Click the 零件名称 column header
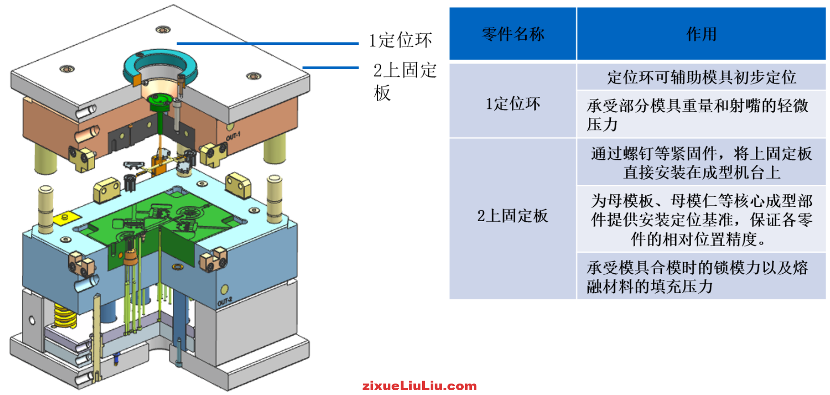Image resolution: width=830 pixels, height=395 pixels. pyautogui.click(x=512, y=34)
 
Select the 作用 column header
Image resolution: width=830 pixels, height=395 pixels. pyautogui.click(x=701, y=34)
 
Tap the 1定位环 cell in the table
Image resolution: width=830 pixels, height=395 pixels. pyautogui.click(x=512, y=103)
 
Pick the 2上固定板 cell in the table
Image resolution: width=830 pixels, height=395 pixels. pyautogui.click(x=512, y=216)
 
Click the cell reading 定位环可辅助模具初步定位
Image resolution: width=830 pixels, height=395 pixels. pyautogui.click(x=701, y=77)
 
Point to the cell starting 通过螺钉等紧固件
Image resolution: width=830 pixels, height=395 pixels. pyautogui.click(x=701, y=163)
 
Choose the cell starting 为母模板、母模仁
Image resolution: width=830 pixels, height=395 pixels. pyautogui.click(x=701, y=220)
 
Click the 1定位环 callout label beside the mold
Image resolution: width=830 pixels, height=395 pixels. pyautogui.click(x=400, y=40)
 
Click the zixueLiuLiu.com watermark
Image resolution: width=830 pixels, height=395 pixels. pyautogui.click(x=419, y=386)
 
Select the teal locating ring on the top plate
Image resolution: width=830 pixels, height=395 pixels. pyautogui.click(x=160, y=63)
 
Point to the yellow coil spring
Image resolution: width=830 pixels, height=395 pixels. pyautogui.click(x=65, y=315)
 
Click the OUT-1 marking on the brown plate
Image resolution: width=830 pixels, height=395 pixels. pyautogui.click(x=233, y=137)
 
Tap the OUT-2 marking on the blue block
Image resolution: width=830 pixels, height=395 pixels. pyautogui.click(x=224, y=301)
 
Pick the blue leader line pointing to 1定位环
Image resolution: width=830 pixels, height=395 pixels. pyautogui.click(x=267, y=43)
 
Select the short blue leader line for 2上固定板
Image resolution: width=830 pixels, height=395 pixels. pyautogui.click(x=330, y=68)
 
